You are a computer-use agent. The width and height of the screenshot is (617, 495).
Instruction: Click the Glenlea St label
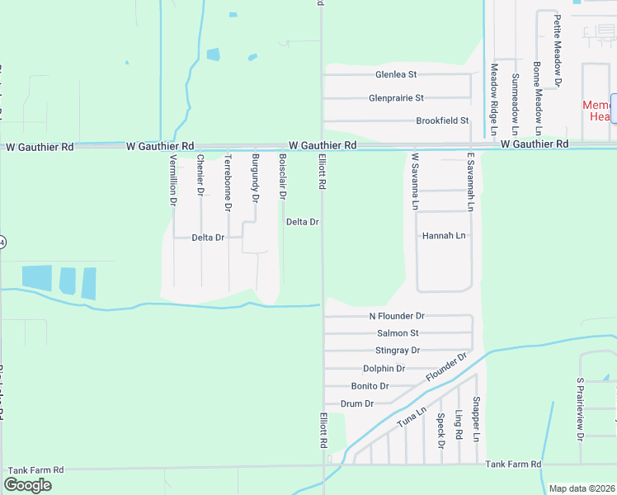[396, 75]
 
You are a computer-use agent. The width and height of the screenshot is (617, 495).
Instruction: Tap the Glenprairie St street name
[396, 98]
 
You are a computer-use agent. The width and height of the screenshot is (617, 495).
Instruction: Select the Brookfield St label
[442, 120]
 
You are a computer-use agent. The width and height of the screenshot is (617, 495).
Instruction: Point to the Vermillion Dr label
[173, 179]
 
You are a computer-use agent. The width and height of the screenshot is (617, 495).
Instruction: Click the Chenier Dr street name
[200, 174]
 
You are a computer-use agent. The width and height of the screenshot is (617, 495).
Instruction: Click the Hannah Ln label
[444, 235]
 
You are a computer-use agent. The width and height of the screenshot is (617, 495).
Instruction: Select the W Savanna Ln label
[415, 181]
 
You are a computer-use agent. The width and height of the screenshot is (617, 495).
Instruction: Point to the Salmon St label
[398, 333]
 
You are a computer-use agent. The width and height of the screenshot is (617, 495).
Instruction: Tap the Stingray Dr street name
[398, 351]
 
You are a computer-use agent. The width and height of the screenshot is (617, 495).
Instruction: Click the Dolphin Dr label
[384, 369]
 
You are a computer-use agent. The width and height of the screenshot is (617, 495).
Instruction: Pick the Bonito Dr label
[370, 386]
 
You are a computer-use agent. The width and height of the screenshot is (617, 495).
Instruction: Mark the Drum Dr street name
[357, 404]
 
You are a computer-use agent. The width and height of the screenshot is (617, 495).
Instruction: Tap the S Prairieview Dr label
[581, 407]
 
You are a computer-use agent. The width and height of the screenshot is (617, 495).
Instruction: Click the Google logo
[27, 485]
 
